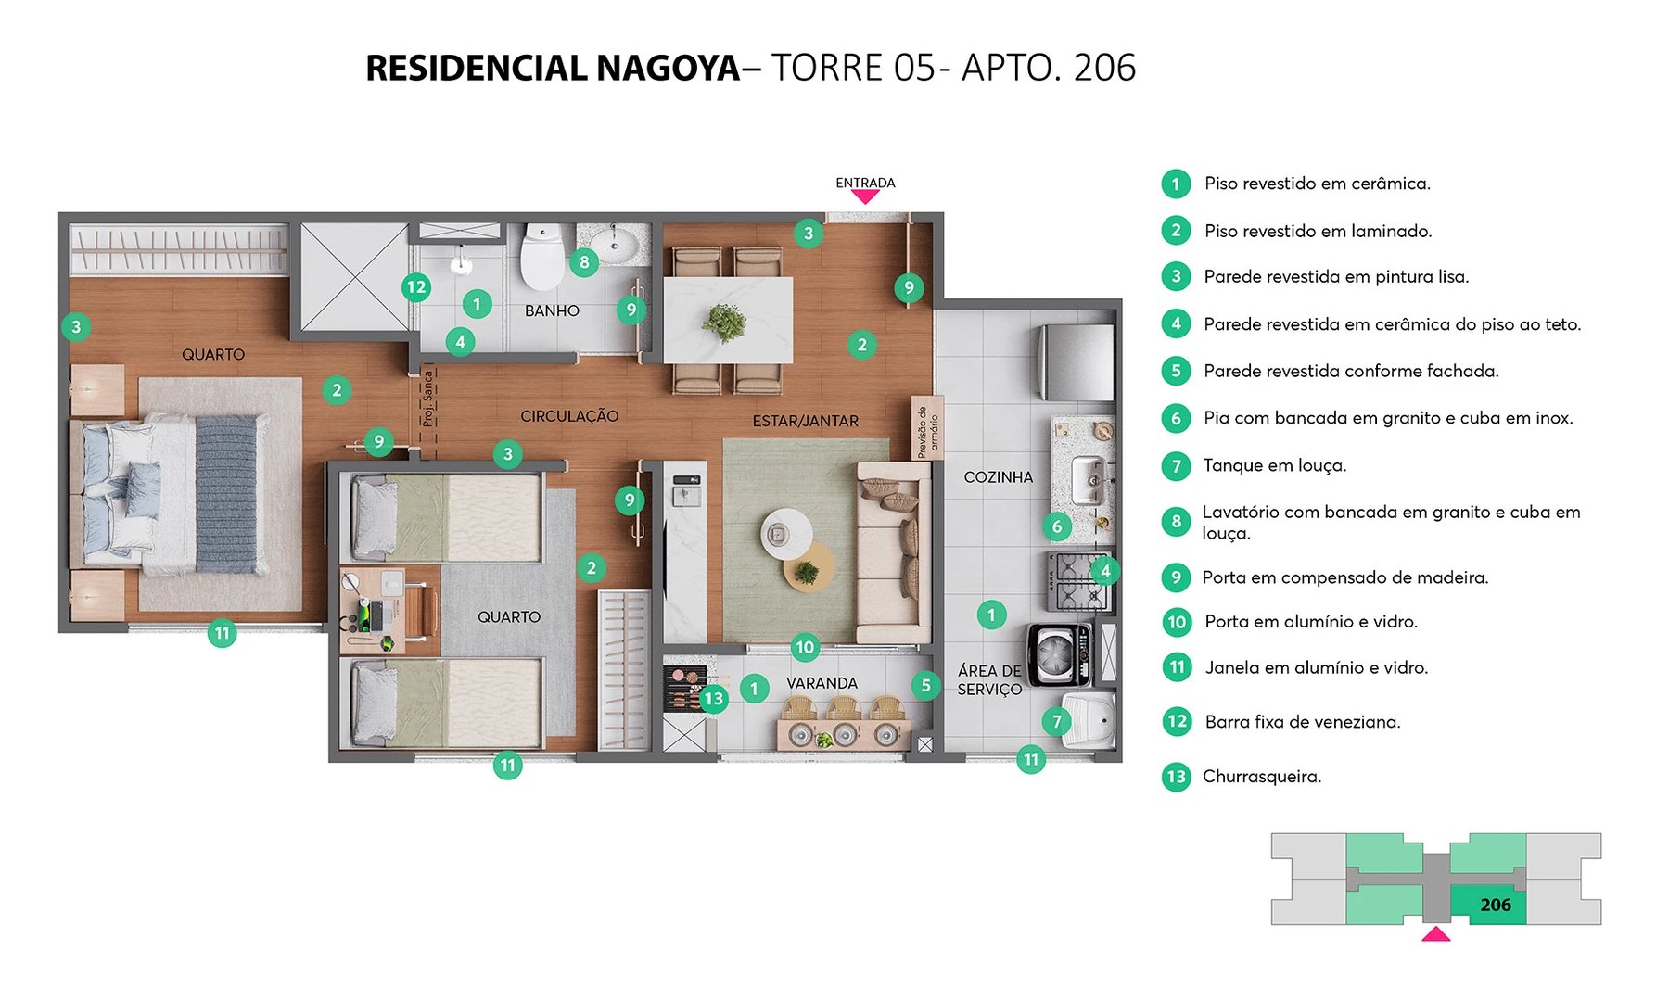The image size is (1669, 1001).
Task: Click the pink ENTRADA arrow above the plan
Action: [865, 196]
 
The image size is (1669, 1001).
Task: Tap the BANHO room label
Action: [552, 310]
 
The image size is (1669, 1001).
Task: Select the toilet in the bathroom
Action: [541, 256]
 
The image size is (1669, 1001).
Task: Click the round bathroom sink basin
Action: [615, 245]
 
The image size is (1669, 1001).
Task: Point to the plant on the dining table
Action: [724, 322]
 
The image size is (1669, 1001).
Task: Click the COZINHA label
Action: [998, 477]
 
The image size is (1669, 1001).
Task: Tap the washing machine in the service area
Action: [1058, 654]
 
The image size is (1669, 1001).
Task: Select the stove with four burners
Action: [1077, 581]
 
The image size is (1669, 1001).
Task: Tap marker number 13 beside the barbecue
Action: [713, 699]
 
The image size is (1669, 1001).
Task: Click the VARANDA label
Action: [822, 683]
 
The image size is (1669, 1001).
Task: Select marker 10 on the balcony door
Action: [804, 648]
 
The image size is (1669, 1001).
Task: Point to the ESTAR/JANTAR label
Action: [805, 421]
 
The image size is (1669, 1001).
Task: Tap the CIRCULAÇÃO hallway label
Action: [569, 416]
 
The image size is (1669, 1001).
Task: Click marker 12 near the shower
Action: [416, 287]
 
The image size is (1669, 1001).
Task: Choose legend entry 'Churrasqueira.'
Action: [1261, 777]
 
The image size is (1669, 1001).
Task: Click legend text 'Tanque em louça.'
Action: [1274, 465]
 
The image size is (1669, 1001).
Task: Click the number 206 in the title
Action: [1104, 68]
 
